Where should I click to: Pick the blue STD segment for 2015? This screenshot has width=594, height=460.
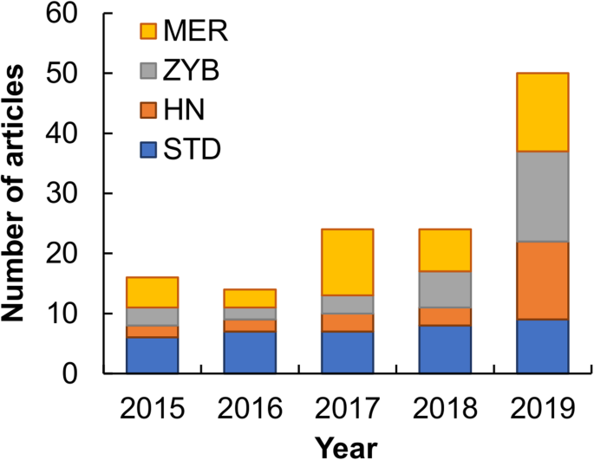click(x=153, y=355)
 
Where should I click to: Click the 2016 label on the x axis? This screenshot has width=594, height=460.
click(x=251, y=406)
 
